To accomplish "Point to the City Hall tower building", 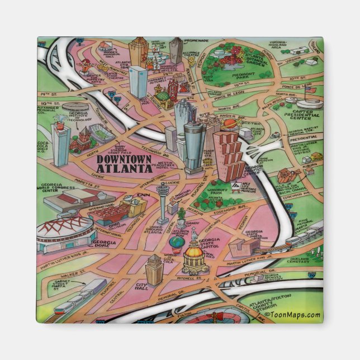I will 154,269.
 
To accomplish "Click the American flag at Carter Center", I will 311,90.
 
